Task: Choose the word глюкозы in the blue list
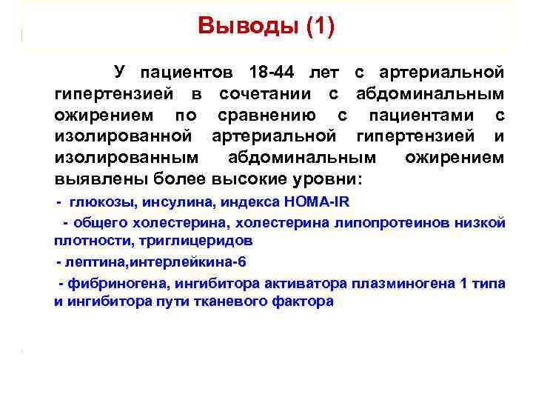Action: pos(102,201)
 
